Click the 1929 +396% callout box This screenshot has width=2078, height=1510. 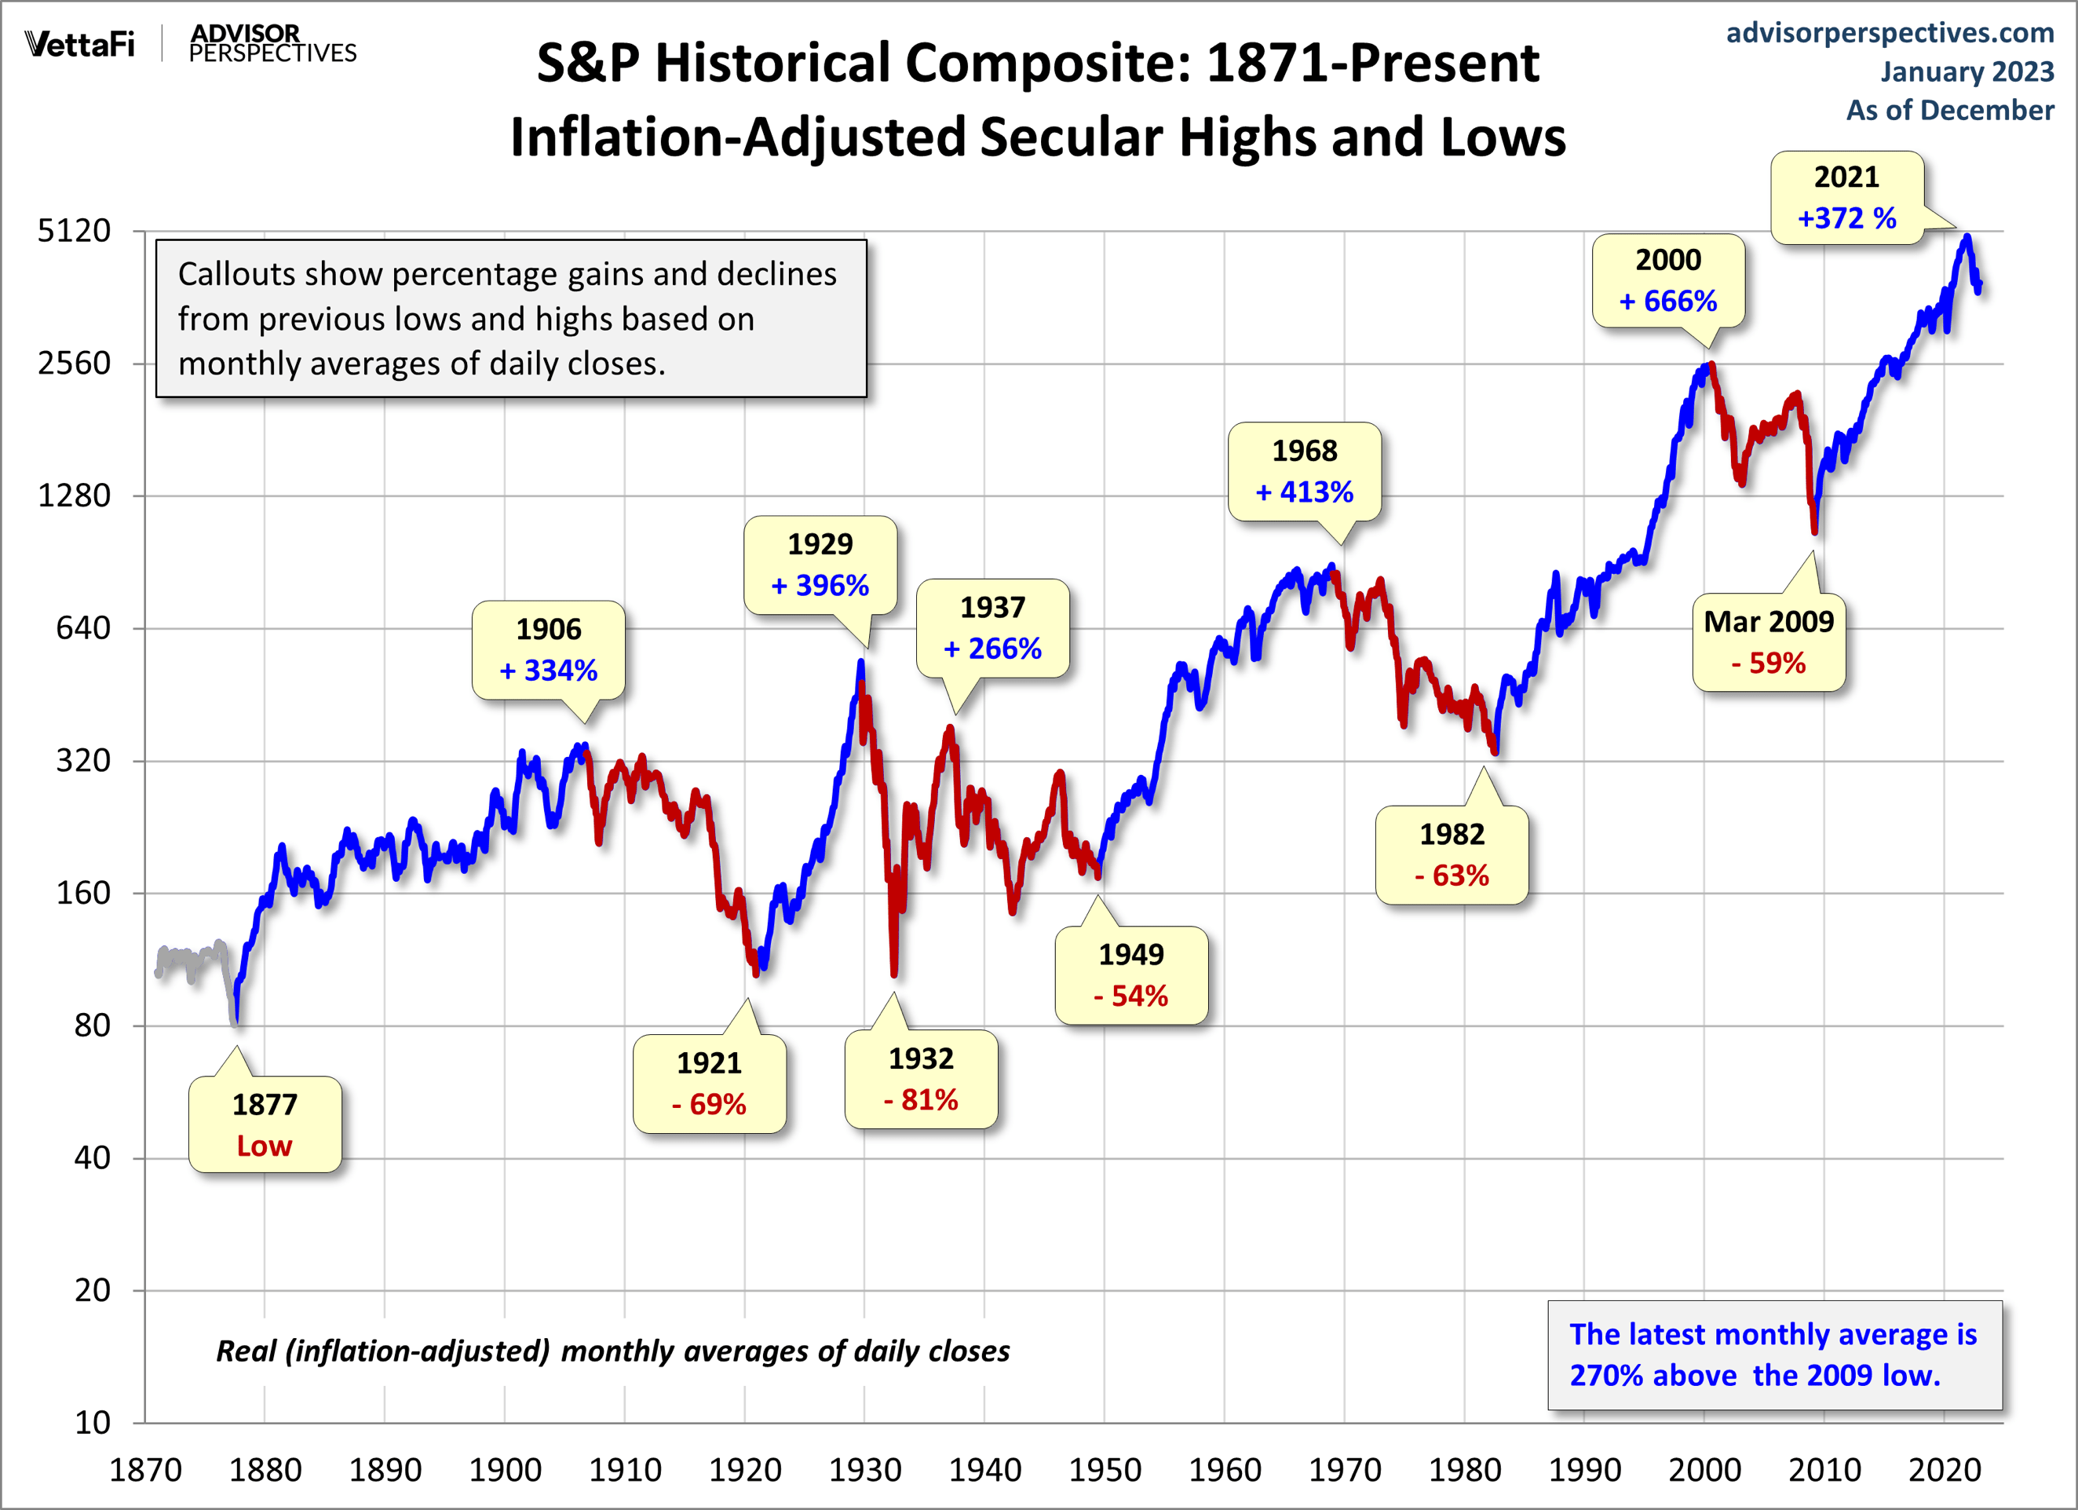[820, 565]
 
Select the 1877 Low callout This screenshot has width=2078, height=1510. [265, 1124]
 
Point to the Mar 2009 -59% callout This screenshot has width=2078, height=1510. [1769, 642]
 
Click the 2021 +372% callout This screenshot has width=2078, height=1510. [1846, 198]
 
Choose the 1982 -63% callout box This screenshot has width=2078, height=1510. [1452, 855]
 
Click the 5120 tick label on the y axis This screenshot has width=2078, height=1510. [75, 231]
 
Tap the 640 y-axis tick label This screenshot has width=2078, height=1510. [83, 628]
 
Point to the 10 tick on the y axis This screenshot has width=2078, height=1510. [92, 1423]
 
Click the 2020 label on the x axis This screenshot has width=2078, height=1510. [1945, 1471]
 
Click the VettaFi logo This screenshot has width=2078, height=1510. [80, 44]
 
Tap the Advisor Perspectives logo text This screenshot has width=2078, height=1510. [272, 44]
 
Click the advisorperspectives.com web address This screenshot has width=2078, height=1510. [1890, 33]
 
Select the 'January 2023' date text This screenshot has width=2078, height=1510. [1967, 71]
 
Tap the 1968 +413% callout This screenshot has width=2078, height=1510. [1304, 472]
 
